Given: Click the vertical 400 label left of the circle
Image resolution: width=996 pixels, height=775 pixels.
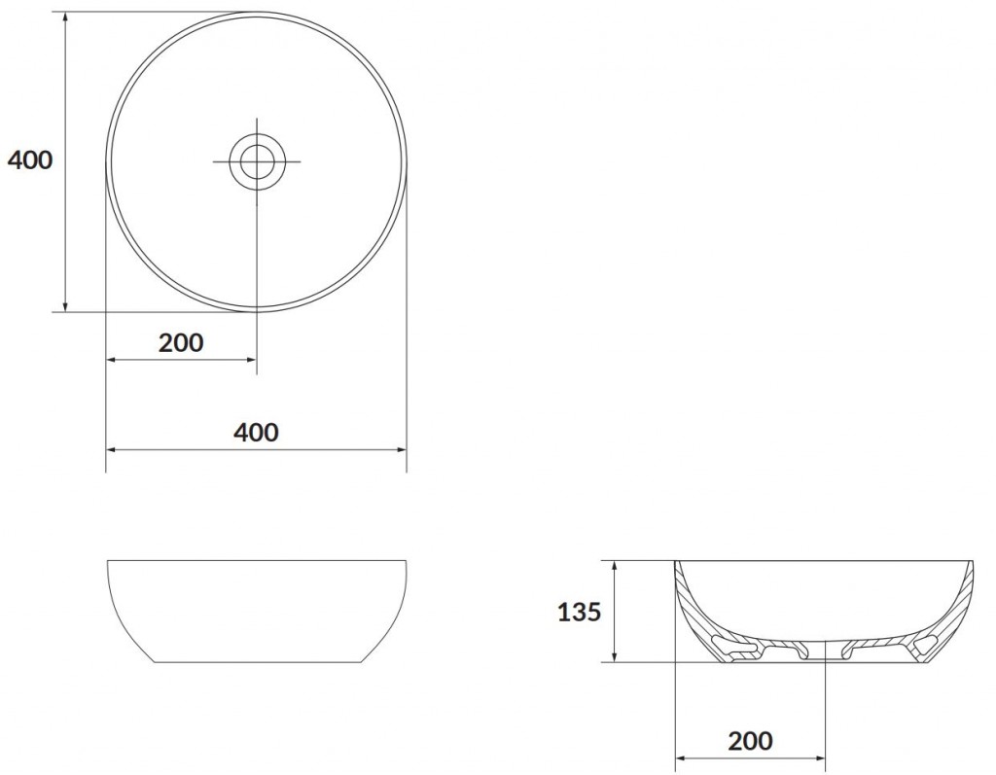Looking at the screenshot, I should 30,160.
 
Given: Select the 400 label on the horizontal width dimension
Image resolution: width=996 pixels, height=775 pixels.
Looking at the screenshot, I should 256,432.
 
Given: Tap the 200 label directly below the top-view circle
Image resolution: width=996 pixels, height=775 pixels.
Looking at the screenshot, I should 181,342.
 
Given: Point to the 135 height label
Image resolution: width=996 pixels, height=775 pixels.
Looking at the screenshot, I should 579,612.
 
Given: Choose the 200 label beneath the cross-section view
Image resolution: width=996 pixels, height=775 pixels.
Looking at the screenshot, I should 750,741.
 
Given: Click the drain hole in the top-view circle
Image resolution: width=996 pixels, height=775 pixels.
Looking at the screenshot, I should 257,160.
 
